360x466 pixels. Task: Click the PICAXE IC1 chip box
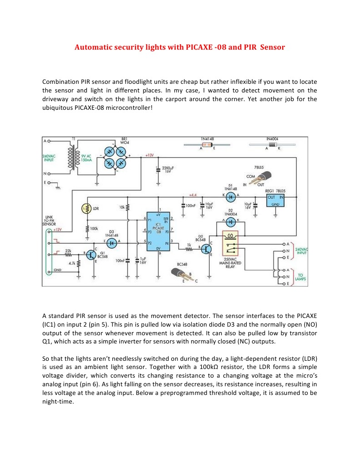[158, 231]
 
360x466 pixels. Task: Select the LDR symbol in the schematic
[87, 208]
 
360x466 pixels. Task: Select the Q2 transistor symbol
[207, 249]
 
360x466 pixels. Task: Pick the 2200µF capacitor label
[168, 169]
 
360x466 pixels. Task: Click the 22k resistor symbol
[68, 254]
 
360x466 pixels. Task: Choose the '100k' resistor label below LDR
[94, 228]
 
